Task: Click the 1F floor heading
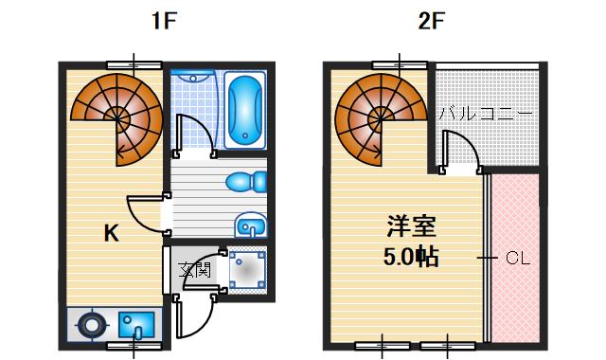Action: coord(164,22)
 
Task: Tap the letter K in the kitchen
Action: coord(111,233)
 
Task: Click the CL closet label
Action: coord(516,257)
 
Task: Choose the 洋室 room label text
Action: coord(410,227)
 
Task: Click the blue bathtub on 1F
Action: coord(246,111)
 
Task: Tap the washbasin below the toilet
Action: coord(251,226)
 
